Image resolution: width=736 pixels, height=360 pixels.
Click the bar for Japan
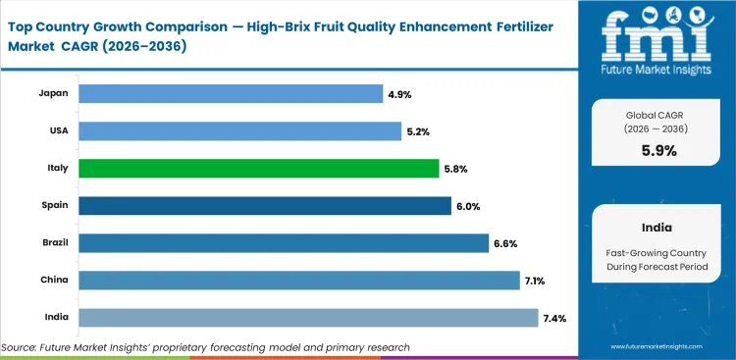point(230,93)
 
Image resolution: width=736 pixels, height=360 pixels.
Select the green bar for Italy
point(258,168)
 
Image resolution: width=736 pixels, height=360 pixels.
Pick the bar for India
point(308,318)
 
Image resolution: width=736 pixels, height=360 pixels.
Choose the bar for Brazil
point(283,242)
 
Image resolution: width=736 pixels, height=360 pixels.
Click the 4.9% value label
point(401,93)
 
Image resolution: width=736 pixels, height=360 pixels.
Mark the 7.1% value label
point(536,281)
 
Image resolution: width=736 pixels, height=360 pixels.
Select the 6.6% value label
point(504,242)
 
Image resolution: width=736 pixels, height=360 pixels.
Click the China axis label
point(55,281)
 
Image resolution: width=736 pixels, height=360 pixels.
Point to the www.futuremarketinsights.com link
point(659,347)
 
